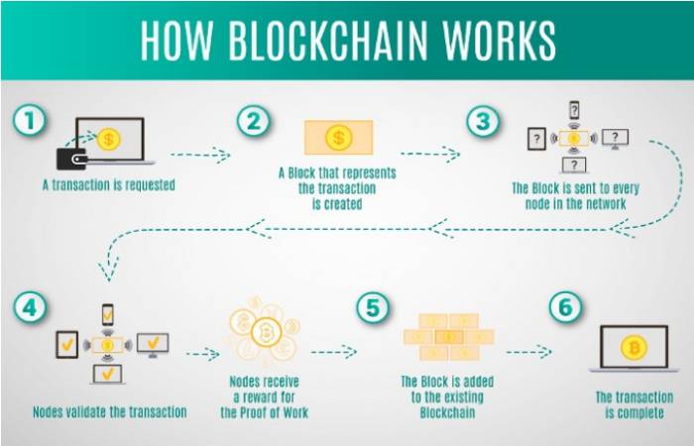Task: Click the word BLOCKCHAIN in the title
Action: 327,40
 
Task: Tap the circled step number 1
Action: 30,120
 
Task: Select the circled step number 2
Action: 253,121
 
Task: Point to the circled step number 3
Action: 484,121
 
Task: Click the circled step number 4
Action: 30,307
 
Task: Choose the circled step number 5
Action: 373,307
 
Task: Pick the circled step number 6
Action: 565,307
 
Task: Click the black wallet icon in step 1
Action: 71,159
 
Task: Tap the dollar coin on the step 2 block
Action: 339,138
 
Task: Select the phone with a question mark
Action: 574,110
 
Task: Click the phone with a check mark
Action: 107,314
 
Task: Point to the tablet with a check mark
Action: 66,345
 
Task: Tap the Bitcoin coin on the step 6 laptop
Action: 634,347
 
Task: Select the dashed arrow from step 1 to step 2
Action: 200,155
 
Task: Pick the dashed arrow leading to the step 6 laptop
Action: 529,352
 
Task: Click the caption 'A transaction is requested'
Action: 109,185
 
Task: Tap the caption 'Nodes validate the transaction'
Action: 110,412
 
